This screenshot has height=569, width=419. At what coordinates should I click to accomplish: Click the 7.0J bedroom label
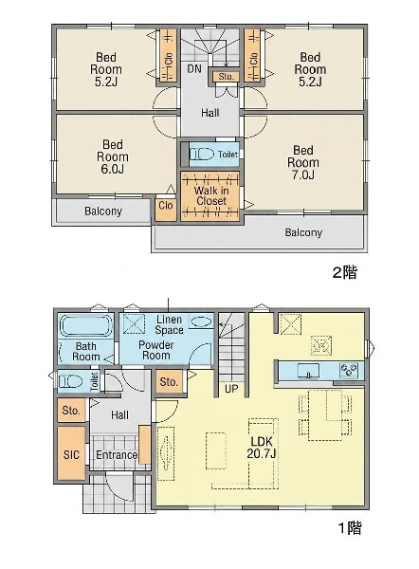pyautogui.click(x=303, y=162)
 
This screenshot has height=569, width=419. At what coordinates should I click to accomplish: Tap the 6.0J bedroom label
pyautogui.click(x=113, y=156)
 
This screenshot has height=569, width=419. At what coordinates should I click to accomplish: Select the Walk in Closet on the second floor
pyautogui.click(x=210, y=196)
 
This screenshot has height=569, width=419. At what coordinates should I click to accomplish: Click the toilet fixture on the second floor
pyautogui.click(x=202, y=155)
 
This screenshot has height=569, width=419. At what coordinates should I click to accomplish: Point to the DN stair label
pyautogui.click(x=194, y=68)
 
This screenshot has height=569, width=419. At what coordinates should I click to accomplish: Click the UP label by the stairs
pyautogui.click(x=231, y=389)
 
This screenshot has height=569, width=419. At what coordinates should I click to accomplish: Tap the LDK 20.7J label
pyautogui.click(x=262, y=447)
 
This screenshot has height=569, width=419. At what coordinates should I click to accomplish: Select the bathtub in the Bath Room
pyautogui.click(x=86, y=326)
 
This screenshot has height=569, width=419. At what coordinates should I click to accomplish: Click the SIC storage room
pyautogui.click(x=71, y=453)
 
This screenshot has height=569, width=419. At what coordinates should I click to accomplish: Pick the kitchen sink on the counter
pyautogui.click(x=308, y=371)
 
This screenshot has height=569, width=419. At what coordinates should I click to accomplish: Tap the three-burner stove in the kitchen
pyautogui.click(x=349, y=371)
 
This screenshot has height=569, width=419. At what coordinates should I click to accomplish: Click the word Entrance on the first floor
pyautogui.click(x=117, y=454)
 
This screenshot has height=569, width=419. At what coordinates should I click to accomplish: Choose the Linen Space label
pyautogui.click(x=169, y=324)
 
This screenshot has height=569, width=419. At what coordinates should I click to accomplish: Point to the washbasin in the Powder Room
pyautogui.click(x=201, y=321)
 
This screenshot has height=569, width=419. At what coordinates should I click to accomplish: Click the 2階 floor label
pyautogui.click(x=345, y=272)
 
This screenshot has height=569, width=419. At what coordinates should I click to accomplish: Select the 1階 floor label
pyautogui.click(x=350, y=528)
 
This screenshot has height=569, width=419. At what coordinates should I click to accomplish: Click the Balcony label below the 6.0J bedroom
pyautogui.click(x=103, y=211)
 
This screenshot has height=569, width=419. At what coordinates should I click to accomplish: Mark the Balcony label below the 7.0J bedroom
pyautogui.click(x=303, y=232)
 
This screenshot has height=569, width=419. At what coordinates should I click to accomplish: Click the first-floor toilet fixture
pyautogui.click(x=71, y=382)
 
